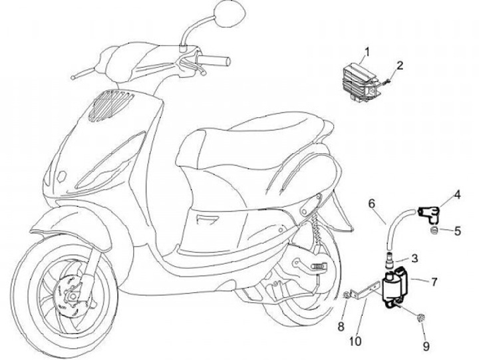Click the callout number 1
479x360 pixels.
[x=365, y=51]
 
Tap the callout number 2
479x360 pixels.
[x=400, y=65]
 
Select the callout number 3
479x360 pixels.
[x=414, y=258]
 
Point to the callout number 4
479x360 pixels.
[x=458, y=195]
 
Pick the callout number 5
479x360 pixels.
[x=458, y=231]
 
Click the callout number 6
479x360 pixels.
[x=372, y=202]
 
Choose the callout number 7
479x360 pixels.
[x=434, y=282]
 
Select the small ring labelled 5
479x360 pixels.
[x=433, y=231]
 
